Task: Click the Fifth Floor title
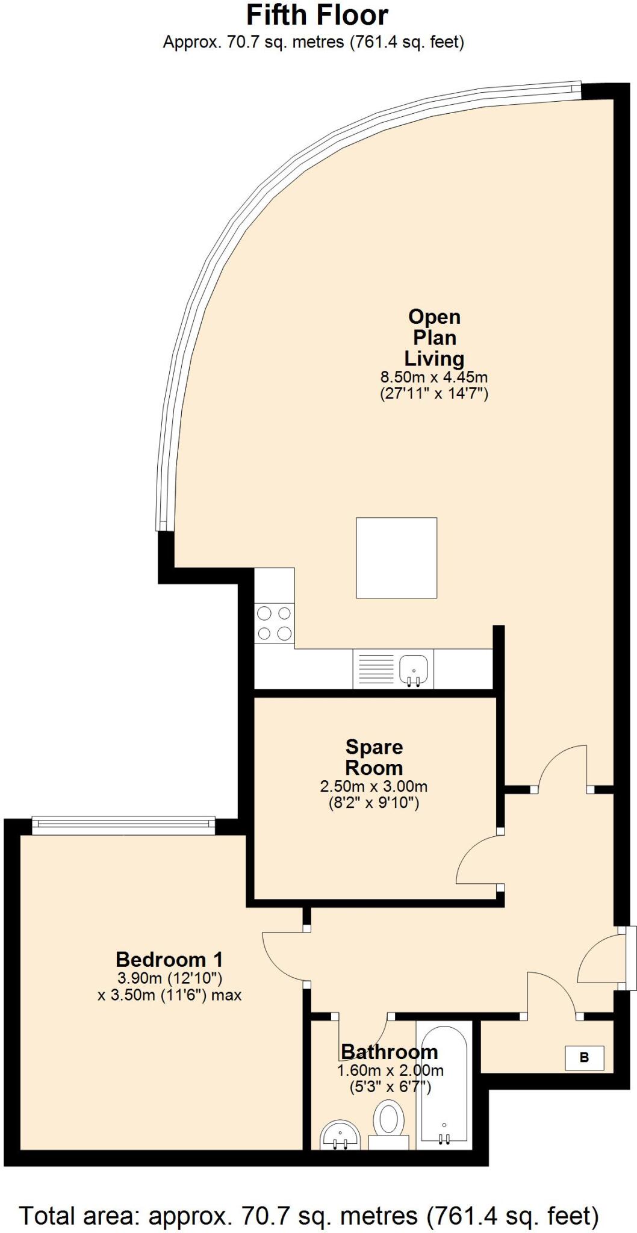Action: [x=317, y=15]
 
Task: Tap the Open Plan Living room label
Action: [x=434, y=337]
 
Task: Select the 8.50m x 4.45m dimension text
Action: [x=433, y=377]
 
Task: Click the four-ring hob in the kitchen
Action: [x=274, y=623]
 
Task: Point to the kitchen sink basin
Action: [x=414, y=669]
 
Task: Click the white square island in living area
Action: [x=396, y=557]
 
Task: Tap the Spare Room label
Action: [x=374, y=757]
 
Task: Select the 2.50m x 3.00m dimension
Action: [x=374, y=786]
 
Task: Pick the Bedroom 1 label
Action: [x=169, y=959]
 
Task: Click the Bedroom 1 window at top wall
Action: [x=123, y=825]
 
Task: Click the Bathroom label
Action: [x=389, y=1052]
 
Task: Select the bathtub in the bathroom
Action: [x=444, y=1079]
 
